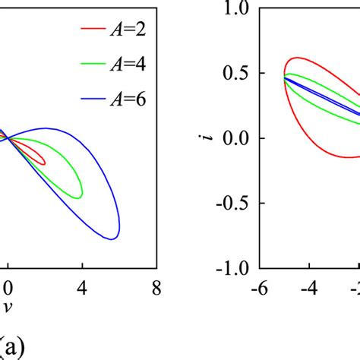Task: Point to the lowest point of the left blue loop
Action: [x=113, y=239]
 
